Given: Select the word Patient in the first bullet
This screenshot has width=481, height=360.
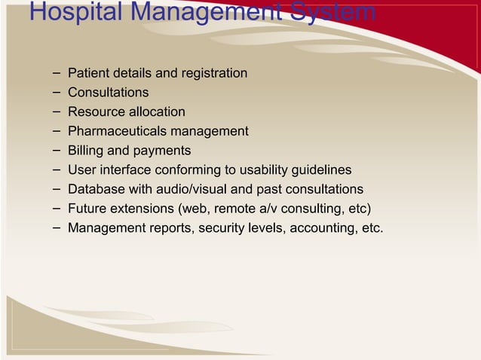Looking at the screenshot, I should [x=88, y=73].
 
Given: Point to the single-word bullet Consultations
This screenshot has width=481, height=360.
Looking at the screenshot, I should [x=108, y=93].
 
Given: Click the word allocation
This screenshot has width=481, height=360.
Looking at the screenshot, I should [x=156, y=111].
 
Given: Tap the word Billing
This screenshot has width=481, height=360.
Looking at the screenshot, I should [x=84, y=151].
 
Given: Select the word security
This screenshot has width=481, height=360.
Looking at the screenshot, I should [x=226, y=227].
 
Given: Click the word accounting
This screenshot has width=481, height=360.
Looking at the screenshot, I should [x=320, y=227].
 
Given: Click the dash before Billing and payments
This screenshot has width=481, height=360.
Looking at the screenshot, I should [x=57, y=150].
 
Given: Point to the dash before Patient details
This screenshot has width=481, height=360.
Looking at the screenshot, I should [x=57, y=72].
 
